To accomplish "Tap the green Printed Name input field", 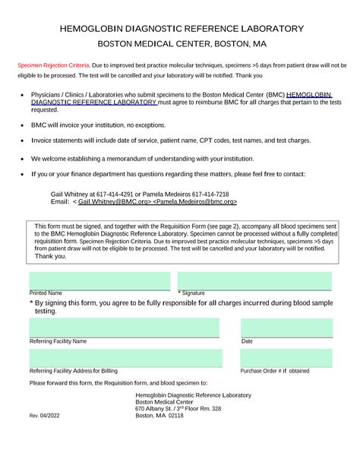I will [x=99, y=281].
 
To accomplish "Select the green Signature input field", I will [x=254, y=281].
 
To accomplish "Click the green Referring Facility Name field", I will [x=125, y=328].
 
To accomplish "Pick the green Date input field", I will [x=286, y=328].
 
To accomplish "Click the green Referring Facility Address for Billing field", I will [x=125, y=357].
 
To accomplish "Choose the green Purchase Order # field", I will [x=286, y=357].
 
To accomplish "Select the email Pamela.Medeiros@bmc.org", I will [x=197, y=202].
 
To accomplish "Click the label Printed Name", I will [x=46, y=293].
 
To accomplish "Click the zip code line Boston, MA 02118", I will [x=159, y=417].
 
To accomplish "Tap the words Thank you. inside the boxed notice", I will [x=50, y=256].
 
